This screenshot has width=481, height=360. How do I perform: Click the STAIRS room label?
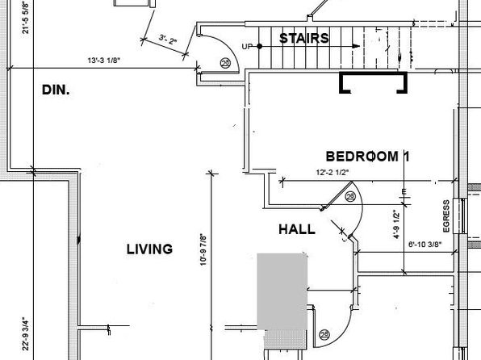pos(304,39)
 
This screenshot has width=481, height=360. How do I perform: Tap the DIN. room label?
pos(56,90)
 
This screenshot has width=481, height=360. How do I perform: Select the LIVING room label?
pos(149,249)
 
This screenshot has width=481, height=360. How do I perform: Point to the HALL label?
pos(297,229)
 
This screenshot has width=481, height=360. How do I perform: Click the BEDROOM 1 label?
pos(367,157)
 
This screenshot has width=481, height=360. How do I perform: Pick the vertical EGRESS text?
pos(446,216)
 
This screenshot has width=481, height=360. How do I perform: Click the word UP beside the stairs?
pos(247,47)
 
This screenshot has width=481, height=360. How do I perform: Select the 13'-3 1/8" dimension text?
pos(103,61)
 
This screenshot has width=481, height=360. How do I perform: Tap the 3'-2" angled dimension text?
pos(168,40)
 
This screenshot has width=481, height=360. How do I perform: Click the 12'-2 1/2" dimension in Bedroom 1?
pos(333,173)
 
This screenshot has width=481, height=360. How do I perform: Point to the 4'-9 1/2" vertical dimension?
pos(396,224)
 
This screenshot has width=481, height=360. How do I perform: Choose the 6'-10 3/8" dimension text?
pos(425,245)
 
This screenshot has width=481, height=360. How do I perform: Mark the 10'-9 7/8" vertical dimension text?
pos(203,249)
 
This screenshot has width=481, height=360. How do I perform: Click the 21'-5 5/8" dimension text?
pos(26,18)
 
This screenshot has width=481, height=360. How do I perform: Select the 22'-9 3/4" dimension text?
pos(26,334)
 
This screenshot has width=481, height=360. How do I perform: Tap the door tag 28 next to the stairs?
pos(225,63)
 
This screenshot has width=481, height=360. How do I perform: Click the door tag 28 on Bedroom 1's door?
pos(350,196)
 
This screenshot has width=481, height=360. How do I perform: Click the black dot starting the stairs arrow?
pos(260,46)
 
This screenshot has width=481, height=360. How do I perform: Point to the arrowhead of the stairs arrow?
pos(356,46)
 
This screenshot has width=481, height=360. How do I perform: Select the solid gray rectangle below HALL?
pos(282,291)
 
